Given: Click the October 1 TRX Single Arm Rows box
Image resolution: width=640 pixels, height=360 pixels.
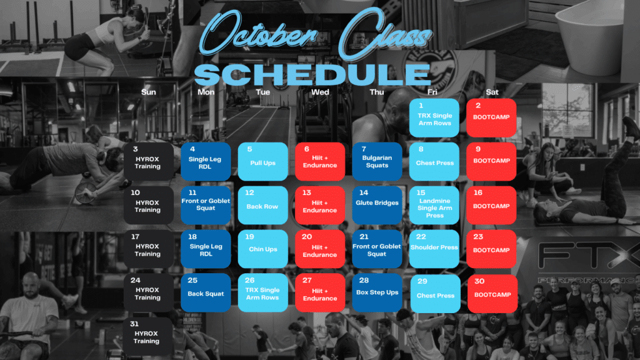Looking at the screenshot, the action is (x=434, y=117).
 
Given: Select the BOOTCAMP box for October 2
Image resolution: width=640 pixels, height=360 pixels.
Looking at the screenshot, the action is (x=491, y=117).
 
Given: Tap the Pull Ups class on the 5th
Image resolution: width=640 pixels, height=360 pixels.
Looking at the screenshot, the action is (x=263, y=162).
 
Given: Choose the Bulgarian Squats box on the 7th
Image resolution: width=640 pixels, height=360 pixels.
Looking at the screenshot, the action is (x=377, y=162).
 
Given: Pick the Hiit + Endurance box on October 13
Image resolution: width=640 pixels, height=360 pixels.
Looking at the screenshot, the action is (x=320, y=205).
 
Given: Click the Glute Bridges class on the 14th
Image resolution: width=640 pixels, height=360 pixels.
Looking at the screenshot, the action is (x=377, y=205).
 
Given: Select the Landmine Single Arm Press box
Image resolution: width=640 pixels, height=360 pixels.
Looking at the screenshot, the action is (x=434, y=205).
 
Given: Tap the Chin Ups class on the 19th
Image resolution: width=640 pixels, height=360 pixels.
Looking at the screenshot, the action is (x=263, y=249).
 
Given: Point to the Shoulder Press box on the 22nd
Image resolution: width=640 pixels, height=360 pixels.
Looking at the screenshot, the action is (x=434, y=249).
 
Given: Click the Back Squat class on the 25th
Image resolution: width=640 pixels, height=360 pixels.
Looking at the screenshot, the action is (x=206, y=292).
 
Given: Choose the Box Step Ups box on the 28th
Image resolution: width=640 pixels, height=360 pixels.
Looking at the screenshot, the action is (x=377, y=292).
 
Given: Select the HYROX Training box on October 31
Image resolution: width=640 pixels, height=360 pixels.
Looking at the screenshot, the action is (x=147, y=336).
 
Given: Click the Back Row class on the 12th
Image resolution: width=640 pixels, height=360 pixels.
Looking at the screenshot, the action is (x=263, y=205).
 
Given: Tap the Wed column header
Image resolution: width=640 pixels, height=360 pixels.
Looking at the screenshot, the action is (x=320, y=92).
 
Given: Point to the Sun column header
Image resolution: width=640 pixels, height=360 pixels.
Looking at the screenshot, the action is (x=149, y=92).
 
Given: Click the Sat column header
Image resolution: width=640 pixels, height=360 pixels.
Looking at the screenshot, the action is (x=492, y=92).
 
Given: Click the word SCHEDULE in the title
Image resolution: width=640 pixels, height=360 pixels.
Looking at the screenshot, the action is (x=312, y=74).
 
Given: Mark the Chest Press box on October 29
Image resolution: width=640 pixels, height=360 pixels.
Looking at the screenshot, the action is (x=435, y=294).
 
